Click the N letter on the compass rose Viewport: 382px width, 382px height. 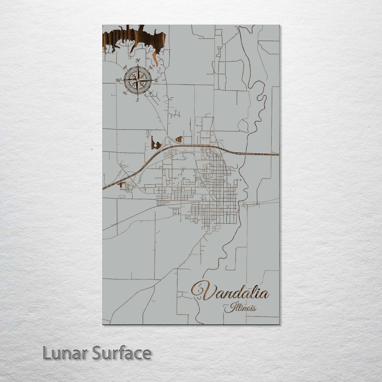click(138, 61)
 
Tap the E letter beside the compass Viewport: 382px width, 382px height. click(156, 80)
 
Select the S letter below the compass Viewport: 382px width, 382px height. click(137, 100)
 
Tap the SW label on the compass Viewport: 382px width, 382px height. click(125, 93)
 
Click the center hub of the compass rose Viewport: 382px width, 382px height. click(137, 80)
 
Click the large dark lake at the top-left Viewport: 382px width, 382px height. click(132, 37)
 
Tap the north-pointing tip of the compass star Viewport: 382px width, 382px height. click(138, 66)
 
